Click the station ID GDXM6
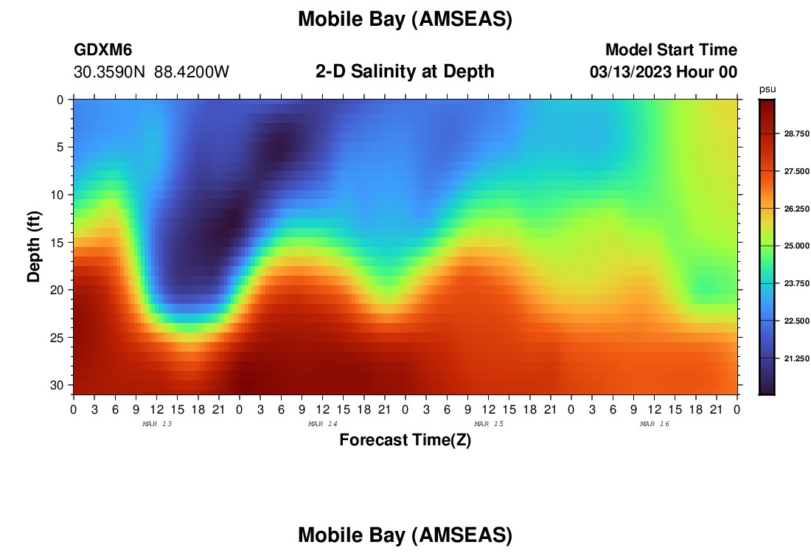pyautogui.click(x=103, y=49)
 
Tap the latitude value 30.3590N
pyautogui.click(x=110, y=72)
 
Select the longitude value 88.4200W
pyautogui.click(x=192, y=72)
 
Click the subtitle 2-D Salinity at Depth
pyautogui.click(x=405, y=72)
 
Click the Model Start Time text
pyautogui.click(x=672, y=49)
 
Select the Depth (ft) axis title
pyautogui.click(x=34, y=247)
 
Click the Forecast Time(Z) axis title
pyautogui.click(x=405, y=439)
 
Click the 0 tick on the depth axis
pyautogui.click(x=60, y=100)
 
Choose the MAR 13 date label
pyautogui.click(x=157, y=424)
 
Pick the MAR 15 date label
pyautogui.click(x=489, y=424)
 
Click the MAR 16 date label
pyautogui.click(x=655, y=424)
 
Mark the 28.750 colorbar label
pyautogui.click(x=796, y=133)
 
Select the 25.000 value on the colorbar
pyautogui.click(x=796, y=246)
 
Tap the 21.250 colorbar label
pyautogui.click(x=796, y=358)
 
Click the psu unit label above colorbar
pyautogui.click(x=768, y=89)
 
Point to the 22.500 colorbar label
pyautogui.click(x=796, y=321)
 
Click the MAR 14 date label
pyautogui.click(x=323, y=424)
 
